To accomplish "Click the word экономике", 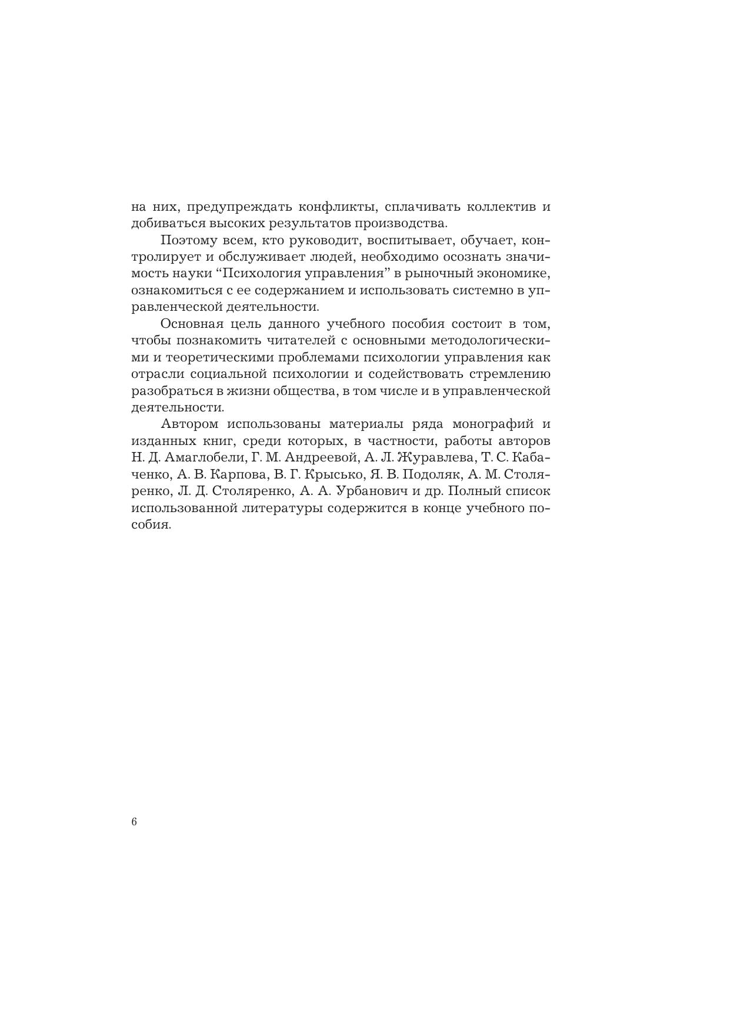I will pos(514,274).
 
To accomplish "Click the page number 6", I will pos(135,822).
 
